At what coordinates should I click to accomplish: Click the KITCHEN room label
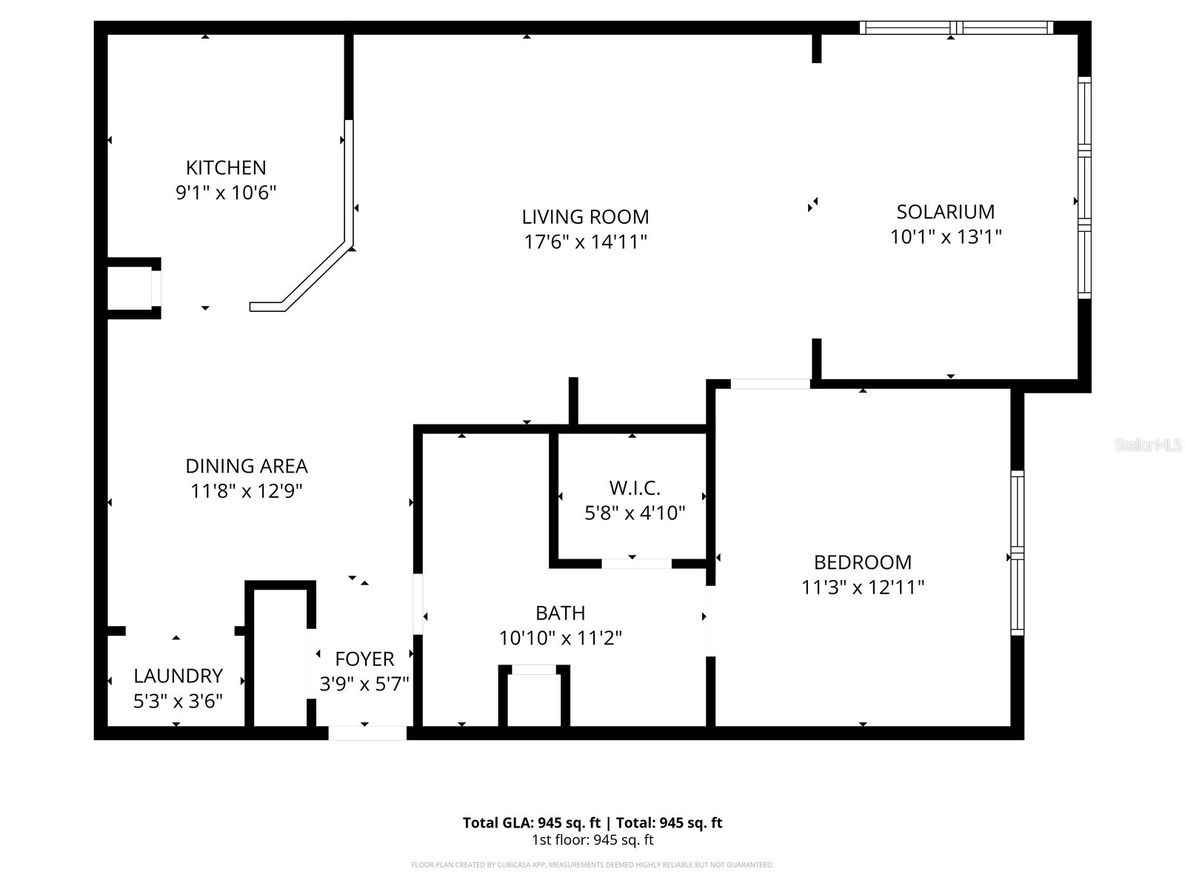pos(226,167)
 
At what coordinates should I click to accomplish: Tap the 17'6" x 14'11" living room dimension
pos(585,242)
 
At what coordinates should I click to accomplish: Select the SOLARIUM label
pos(945,212)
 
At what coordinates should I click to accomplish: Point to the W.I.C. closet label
pos(635,488)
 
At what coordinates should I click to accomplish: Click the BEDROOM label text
pos(862,562)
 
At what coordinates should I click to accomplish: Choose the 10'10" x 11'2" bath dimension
pos(560,638)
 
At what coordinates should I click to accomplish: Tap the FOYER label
pos(364,659)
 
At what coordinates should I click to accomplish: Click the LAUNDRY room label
pos(178,676)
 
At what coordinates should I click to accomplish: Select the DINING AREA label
pos(246,466)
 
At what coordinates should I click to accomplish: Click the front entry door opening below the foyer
pos(367,733)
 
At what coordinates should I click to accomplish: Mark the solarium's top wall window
pos(956,28)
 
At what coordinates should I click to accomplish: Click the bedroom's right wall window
pos(1018,553)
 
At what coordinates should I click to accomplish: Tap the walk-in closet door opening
pos(636,564)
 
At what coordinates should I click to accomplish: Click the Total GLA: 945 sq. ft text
pos(531,822)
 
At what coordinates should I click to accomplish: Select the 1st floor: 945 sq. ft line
pos(592,840)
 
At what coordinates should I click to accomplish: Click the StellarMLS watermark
pos(1147,445)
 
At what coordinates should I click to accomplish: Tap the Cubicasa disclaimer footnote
pos(592,865)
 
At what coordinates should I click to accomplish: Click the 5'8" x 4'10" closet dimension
pos(635,513)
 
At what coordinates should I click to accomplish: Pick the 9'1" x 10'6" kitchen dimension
pos(226,193)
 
